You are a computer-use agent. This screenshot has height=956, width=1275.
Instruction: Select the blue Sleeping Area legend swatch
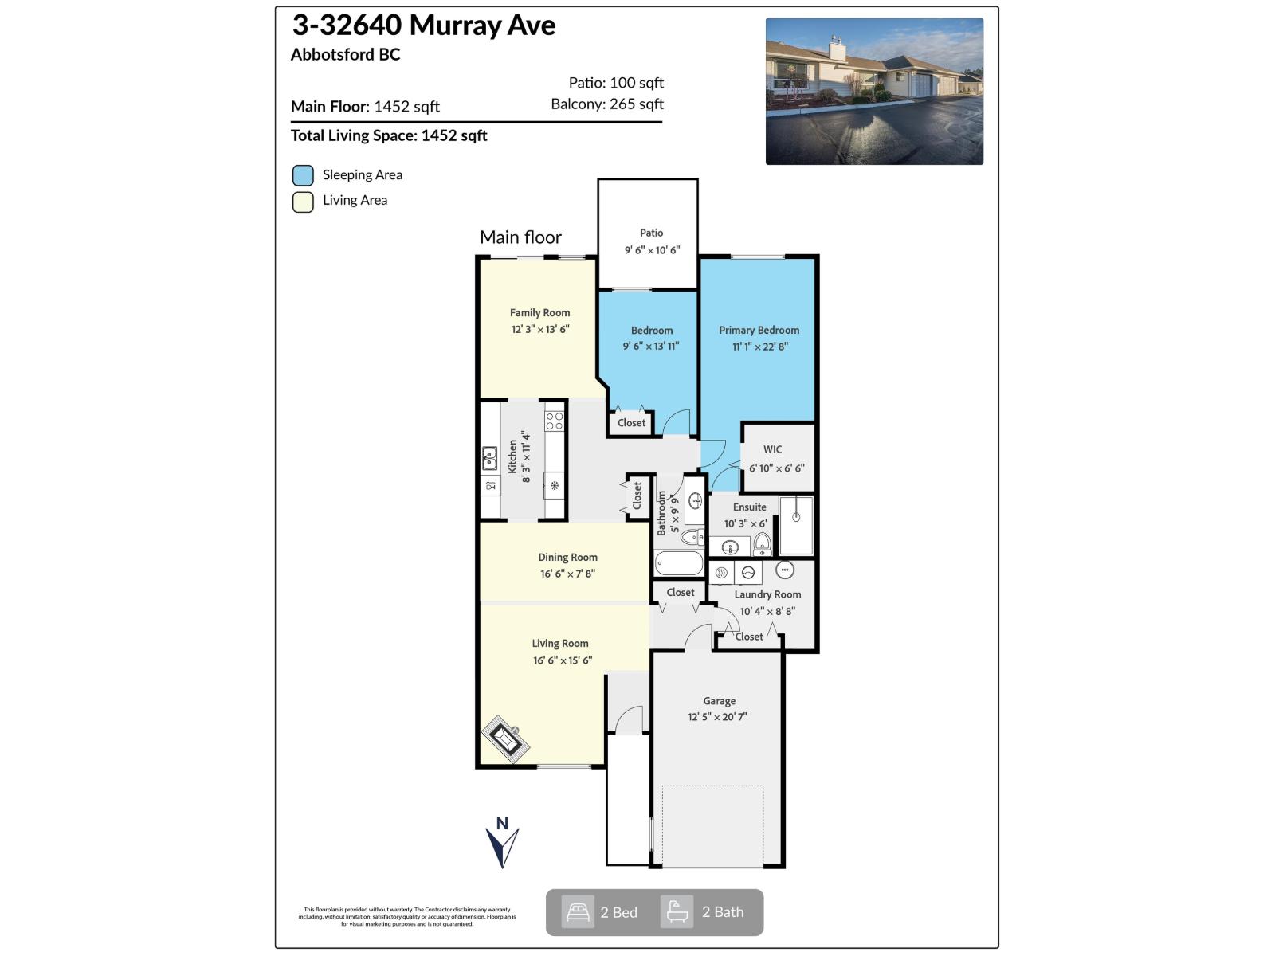tap(303, 175)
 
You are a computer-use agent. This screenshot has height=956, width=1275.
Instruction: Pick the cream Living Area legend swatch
tap(303, 202)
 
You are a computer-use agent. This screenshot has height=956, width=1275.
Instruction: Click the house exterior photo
tap(874, 92)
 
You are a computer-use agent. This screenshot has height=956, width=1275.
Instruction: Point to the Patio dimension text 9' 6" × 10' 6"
tap(651, 250)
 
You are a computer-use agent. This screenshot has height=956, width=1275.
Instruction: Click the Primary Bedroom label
tap(759, 330)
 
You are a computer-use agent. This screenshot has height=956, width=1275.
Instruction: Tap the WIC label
tap(772, 449)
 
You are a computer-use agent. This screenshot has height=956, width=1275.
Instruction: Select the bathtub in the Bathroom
tap(679, 564)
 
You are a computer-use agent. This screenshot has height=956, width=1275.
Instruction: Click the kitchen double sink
tap(489, 459)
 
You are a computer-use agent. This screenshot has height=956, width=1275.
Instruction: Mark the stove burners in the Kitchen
tap(554, 421)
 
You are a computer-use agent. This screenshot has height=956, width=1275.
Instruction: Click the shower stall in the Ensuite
tap(795, 526)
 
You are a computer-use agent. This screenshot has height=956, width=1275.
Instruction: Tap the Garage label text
tap(719, 701)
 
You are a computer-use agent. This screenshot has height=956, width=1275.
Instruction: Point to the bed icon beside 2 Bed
tap(578, 912)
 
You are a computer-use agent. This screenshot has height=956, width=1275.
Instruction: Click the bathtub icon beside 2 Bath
tap(677, 912)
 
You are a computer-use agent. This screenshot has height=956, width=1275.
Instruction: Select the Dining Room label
tap(567, 557)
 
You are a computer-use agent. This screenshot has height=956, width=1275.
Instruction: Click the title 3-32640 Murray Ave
tap(423, 25)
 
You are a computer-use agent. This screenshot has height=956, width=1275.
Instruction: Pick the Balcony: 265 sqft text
tap(606, 104)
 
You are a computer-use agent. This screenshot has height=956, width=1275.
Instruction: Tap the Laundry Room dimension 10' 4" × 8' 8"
tap(767, 611)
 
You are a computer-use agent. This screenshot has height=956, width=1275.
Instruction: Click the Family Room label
tap(539, 312)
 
